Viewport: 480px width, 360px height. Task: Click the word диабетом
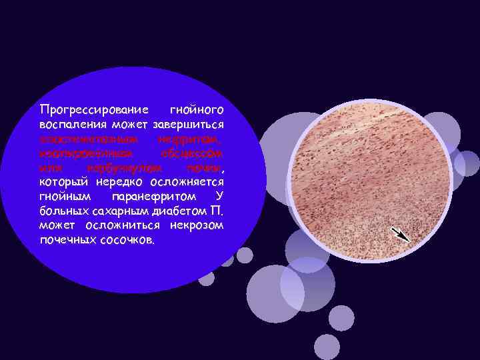click(x=172, y=212)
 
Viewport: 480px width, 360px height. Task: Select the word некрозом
click(x=196, y=226)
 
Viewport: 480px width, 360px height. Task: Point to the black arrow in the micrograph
click(x=401, y=234)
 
